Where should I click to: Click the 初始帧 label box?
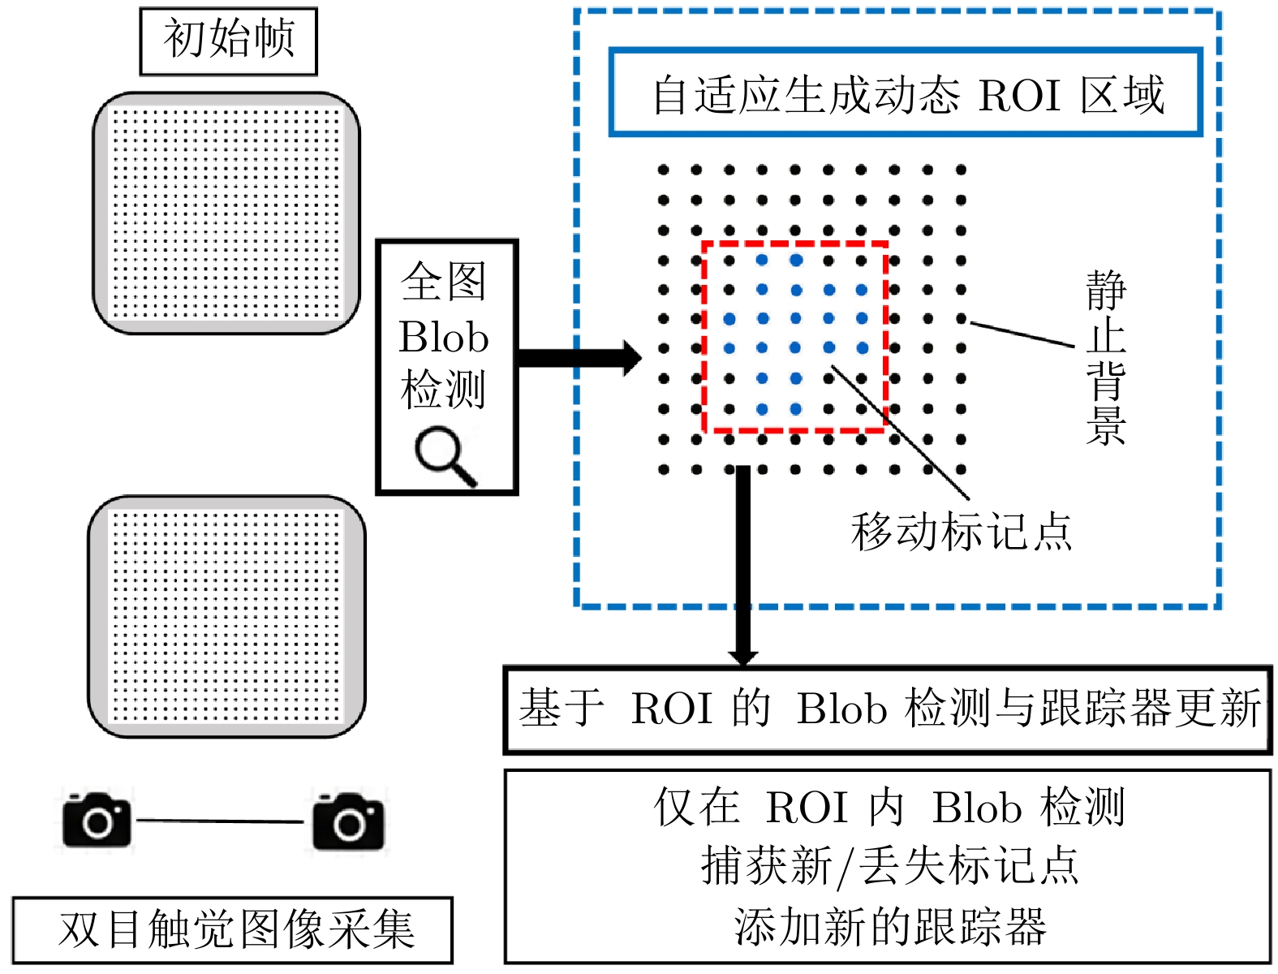[228, 41]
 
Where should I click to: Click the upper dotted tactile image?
[226, 213]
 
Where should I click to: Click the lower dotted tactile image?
[226, 616]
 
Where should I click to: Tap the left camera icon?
[97, 821]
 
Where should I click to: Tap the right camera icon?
[349, 821]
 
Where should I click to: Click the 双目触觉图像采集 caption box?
[233, 930]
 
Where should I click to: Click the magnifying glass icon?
[445, 456]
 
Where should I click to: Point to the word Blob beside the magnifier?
[444, 337]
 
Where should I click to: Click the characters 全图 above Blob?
[444, 282]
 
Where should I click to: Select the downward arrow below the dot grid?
[742, 568]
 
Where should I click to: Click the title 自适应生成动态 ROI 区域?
[906, 94]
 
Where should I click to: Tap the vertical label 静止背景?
[1105, 358]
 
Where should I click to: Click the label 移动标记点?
[962, 532]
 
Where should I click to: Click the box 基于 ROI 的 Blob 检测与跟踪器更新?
[888, 709]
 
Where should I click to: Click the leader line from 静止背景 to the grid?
[1022, 334]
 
